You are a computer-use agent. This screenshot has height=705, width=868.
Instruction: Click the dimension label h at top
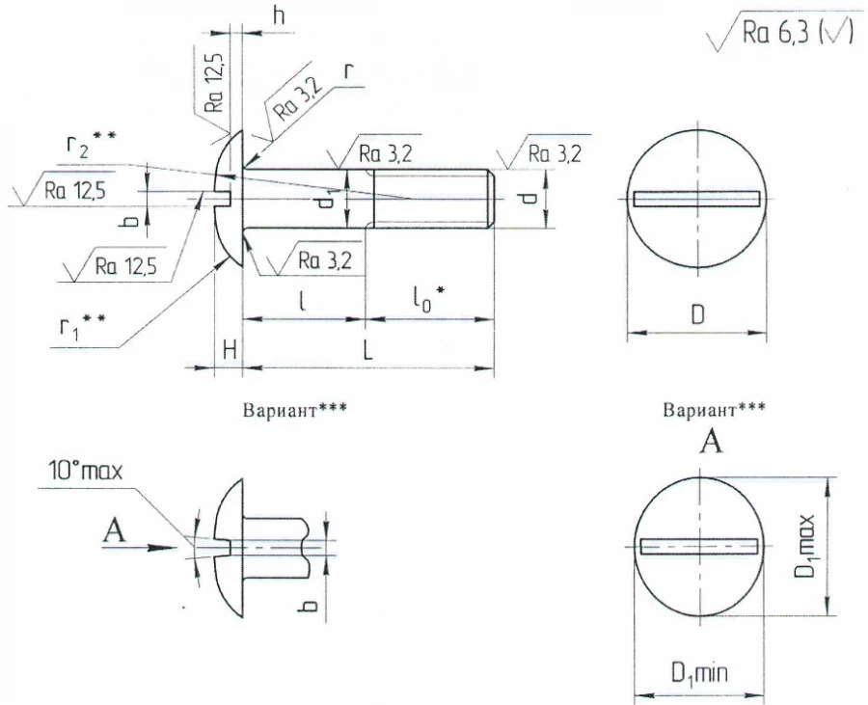(x=279, y=16)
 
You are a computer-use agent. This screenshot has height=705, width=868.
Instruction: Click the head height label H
(x=229, y=352)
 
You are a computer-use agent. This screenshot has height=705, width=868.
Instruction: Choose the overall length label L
(x=367, y=352)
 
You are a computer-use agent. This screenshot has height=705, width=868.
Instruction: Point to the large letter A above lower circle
(x=712, y=443)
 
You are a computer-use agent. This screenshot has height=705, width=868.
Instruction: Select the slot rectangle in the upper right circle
(x=696, y=200)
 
